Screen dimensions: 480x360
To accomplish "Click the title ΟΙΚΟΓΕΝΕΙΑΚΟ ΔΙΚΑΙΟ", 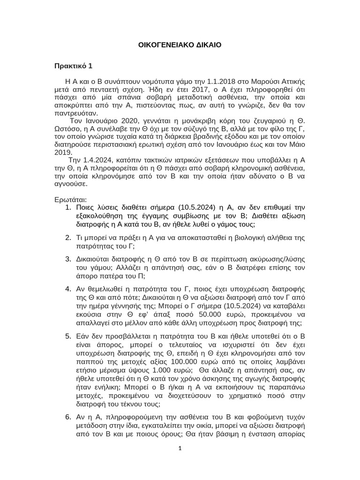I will pyautogui.click(x=180, y=45).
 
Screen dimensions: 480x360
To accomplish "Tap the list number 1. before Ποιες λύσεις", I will pyautogui.click(x=67, y=207).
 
